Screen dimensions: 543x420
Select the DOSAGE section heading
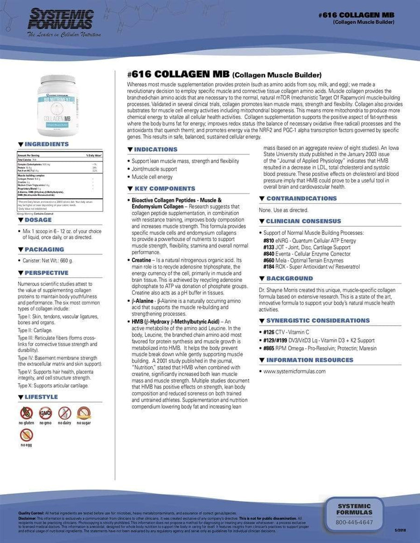38,220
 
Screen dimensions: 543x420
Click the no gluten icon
26,413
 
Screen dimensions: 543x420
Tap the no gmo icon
45,413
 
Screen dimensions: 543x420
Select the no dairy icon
64,413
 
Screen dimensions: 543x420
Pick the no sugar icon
84,413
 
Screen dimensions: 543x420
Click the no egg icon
26,435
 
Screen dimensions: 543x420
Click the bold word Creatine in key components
140,260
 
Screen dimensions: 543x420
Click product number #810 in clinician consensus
269,241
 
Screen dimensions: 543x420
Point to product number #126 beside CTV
268,332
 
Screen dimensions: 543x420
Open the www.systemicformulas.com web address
294,371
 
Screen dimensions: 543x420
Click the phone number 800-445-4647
354,522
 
